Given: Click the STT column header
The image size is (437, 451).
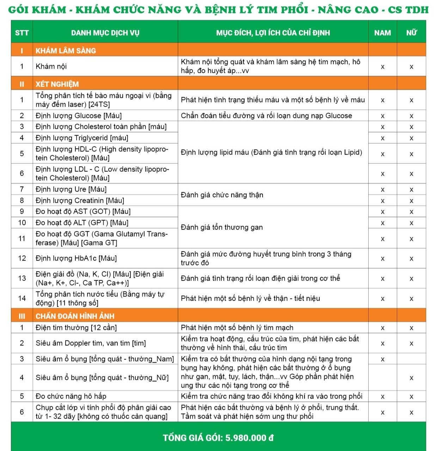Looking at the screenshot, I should [22, 33].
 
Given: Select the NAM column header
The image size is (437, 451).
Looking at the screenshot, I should [382, 33].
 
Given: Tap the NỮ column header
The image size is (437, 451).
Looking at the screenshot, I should [411, 33].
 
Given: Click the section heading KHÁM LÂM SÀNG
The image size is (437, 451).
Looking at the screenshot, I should [66, 51].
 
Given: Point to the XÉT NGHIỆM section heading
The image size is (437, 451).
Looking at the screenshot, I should [57, 84].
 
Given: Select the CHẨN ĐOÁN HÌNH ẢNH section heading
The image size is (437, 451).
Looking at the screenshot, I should [75, 316].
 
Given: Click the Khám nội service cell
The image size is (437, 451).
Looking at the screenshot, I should [51, 66].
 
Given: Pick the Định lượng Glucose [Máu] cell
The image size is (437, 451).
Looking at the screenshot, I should [79, 115].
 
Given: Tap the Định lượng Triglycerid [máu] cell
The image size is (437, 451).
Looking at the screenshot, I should [82, 138].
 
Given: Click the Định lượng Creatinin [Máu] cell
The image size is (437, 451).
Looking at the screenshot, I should [80, 200].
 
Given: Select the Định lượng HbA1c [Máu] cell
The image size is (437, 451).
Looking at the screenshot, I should [76, 258].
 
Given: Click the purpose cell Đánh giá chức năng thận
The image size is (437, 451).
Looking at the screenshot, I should [222, 195].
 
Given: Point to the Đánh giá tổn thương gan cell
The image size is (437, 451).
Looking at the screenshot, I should [222, 227].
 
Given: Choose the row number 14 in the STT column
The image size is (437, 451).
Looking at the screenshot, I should [22, 298].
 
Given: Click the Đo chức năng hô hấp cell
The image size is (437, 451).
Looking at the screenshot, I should [71, 396].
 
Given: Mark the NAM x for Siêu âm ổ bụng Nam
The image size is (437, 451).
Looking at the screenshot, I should [382, 359].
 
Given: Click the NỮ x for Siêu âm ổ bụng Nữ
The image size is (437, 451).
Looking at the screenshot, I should [411, 378].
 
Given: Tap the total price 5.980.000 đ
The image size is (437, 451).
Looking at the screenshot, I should [249, 438].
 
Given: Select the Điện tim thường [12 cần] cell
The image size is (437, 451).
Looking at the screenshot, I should [76, 327].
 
